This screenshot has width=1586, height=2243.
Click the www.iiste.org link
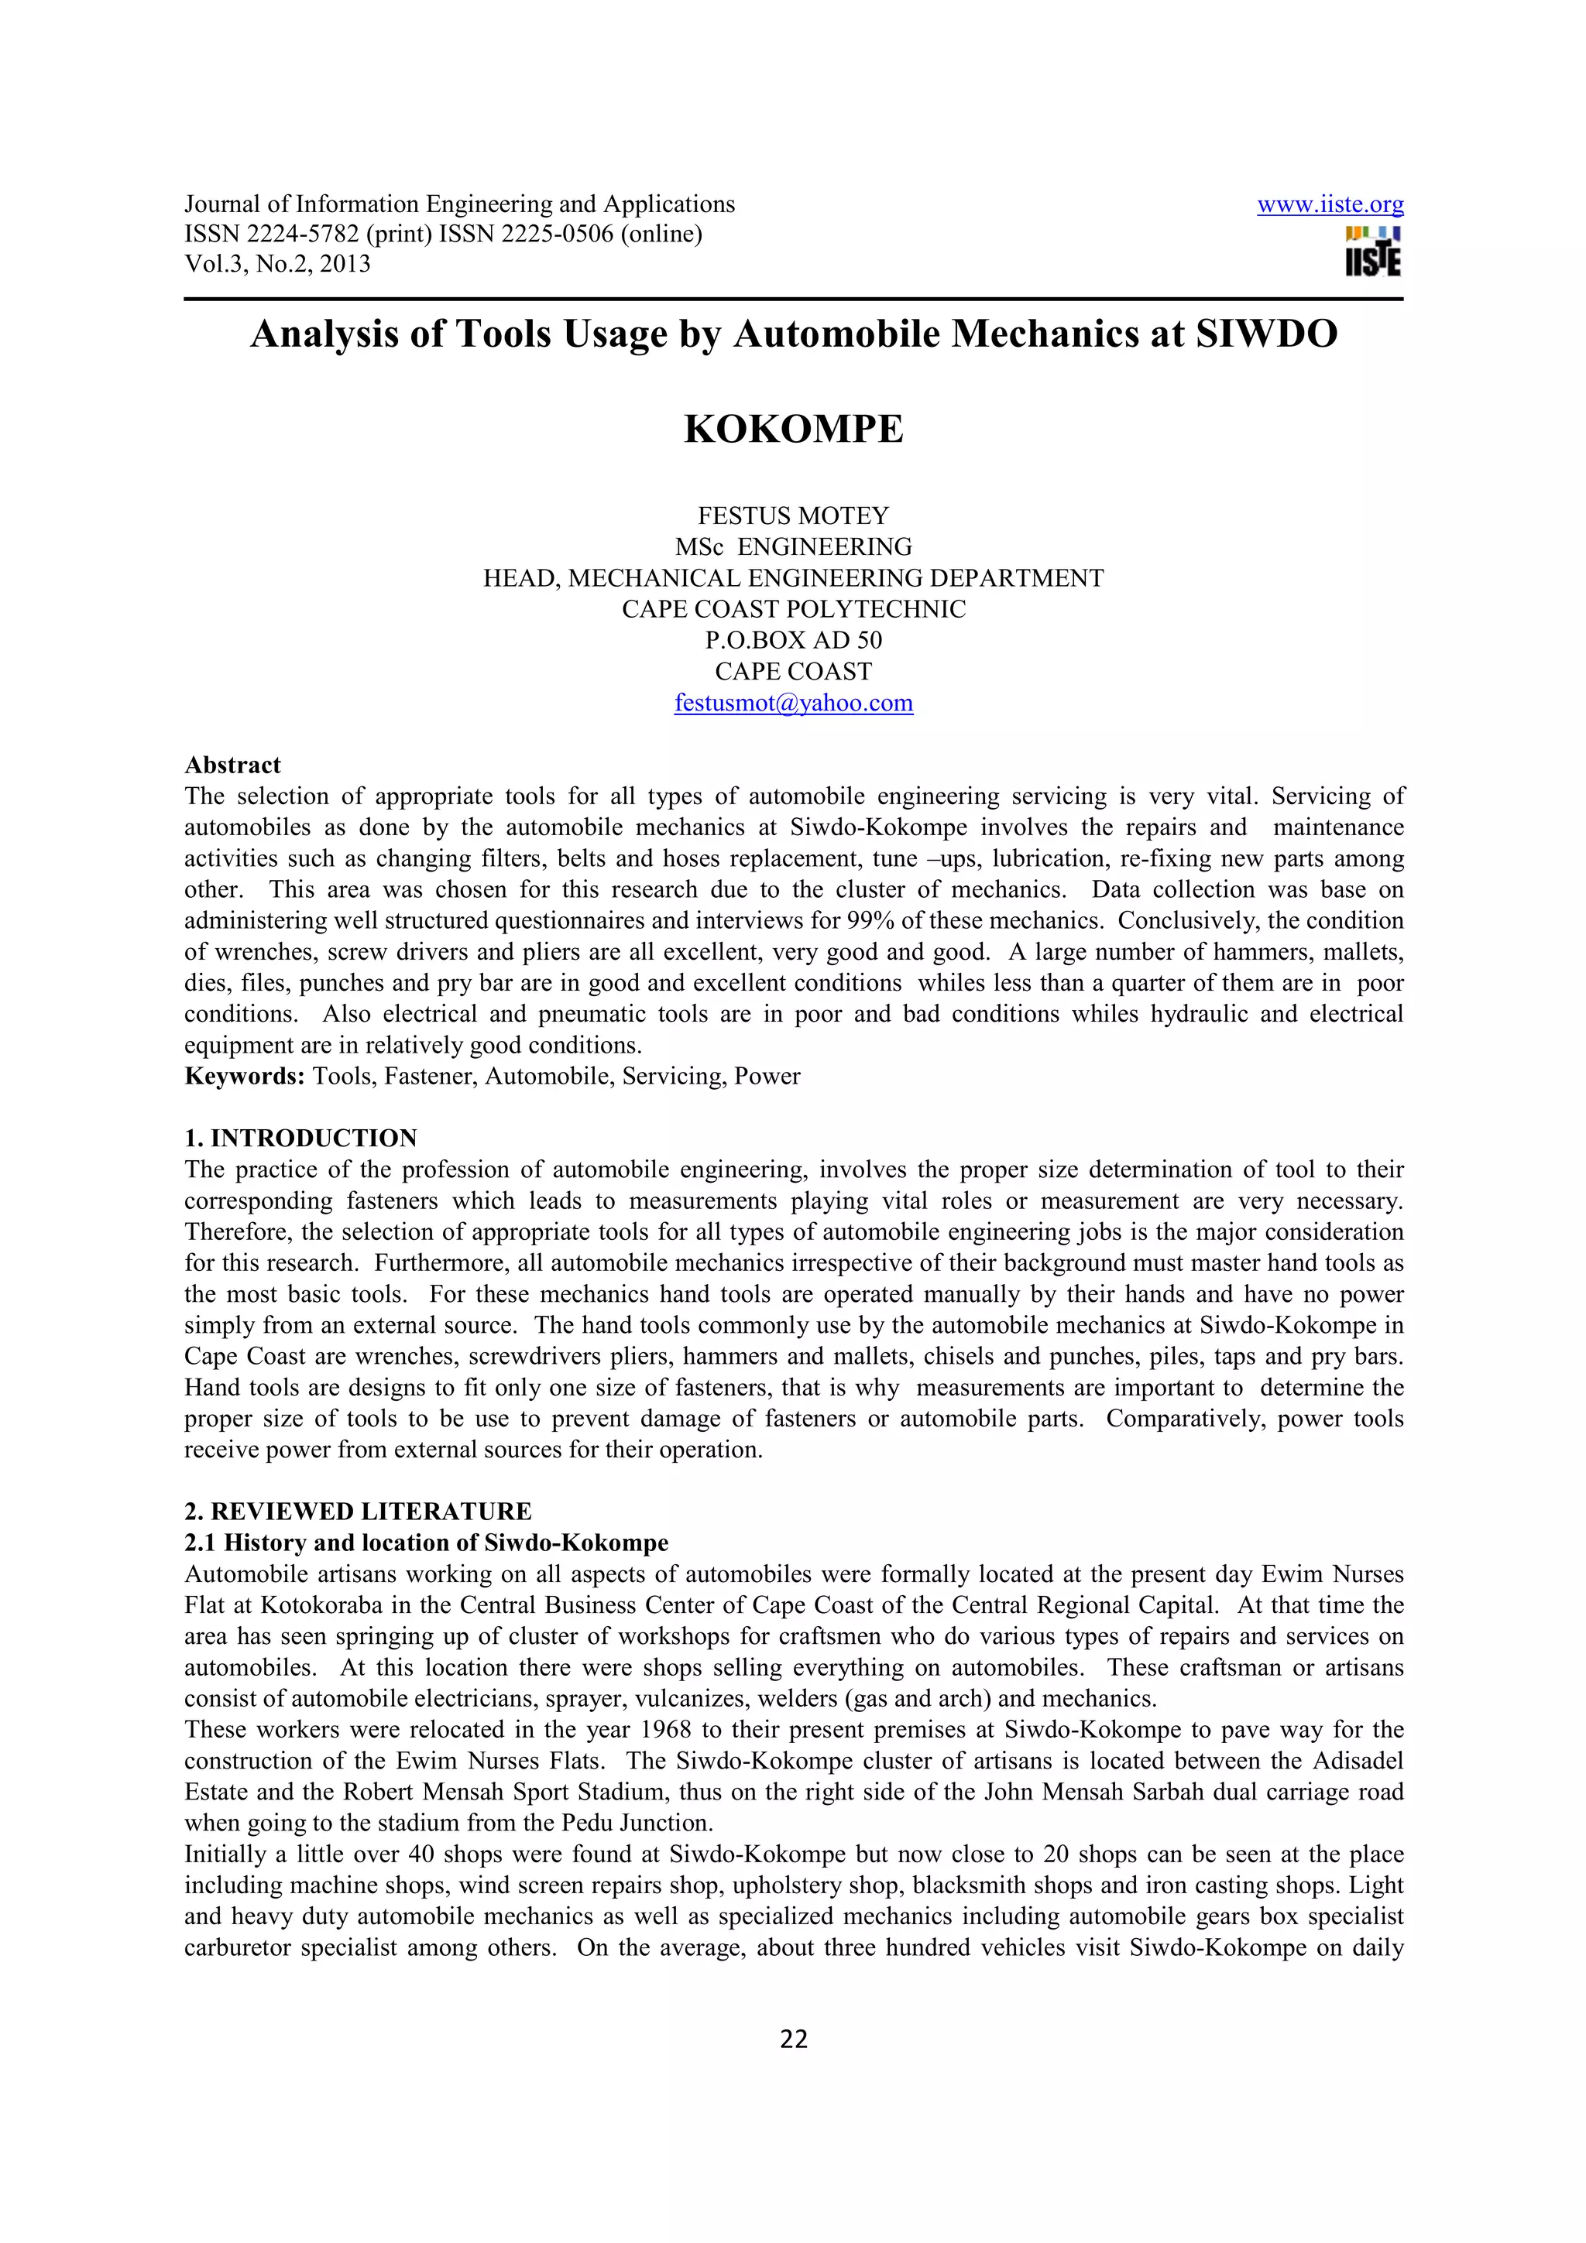(x=1329, y=205)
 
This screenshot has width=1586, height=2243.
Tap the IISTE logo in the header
(x=1372, y=252)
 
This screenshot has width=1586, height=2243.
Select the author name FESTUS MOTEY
(x=792, y=515)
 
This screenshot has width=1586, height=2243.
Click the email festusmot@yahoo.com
(x=792, y=704)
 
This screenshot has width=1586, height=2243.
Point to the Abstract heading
(x=232, y=765)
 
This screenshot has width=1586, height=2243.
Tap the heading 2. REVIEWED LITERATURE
(x=358, y=1512)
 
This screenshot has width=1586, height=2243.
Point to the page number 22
(x=794, y=2039)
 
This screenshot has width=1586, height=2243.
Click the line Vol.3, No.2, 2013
(x=277, y=264)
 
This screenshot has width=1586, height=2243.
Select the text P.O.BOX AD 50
(x=792, y=641)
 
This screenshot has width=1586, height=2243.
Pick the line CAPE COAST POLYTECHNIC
(x=792, y=610)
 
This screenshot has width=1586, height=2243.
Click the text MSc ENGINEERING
(x=792, y=547)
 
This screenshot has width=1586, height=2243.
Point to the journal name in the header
(x=459, y=205)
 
